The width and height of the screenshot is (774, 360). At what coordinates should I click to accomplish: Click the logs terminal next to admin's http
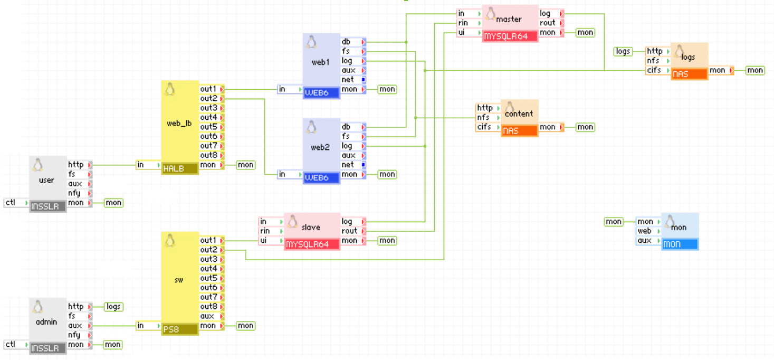coord(113,307)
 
